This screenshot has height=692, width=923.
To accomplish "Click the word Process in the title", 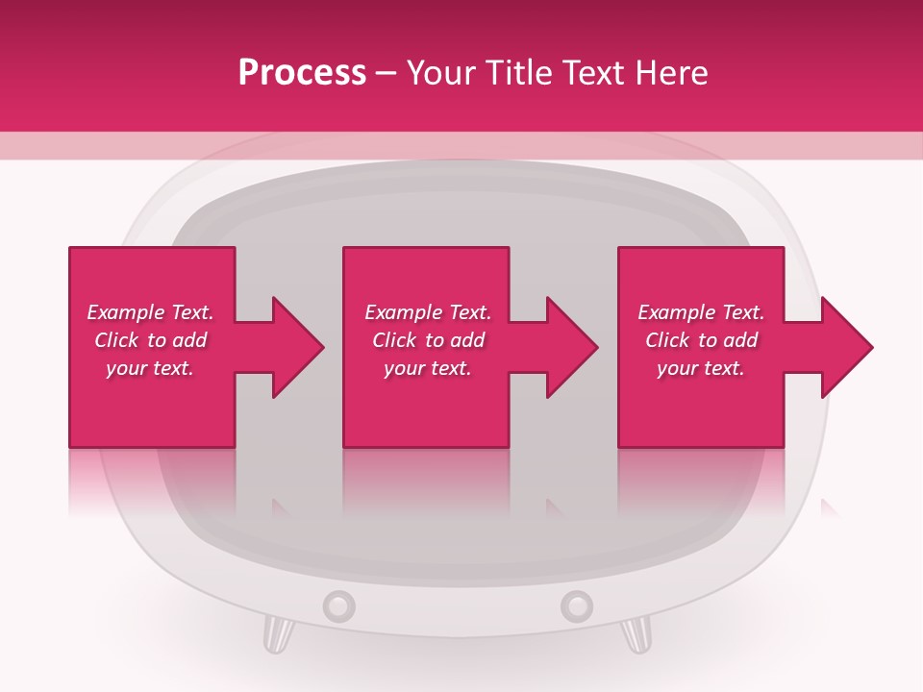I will point(302,73).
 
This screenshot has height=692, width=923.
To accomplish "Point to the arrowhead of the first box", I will point(298,347).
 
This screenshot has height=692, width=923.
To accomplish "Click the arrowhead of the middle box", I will point(573,347).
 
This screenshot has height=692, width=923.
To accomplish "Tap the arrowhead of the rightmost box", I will point(847,347).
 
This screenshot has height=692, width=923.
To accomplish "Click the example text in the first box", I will point(150,340).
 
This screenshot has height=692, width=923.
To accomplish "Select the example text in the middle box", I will point(428,340).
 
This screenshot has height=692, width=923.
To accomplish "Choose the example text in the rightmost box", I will point(701,340).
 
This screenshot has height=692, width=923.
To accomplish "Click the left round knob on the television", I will point(338,605).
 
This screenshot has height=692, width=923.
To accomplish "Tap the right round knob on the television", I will point(576,605).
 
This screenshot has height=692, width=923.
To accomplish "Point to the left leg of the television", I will point(277,634).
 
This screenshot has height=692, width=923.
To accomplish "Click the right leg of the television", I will point(636,634).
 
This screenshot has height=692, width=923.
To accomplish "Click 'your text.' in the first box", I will point(150,368).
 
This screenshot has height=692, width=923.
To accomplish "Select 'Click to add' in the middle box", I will point(428,340).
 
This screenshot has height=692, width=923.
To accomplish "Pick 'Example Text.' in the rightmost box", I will point(701,312).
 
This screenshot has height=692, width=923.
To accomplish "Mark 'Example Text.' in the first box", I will point(150,312).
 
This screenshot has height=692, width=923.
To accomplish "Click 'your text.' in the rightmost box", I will point(701,368).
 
